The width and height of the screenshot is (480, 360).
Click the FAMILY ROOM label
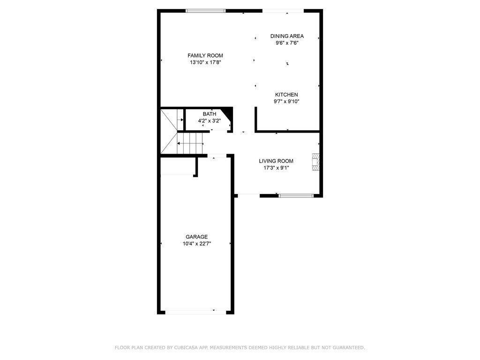pos(205,55)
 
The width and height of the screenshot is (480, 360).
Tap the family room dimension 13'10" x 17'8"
pos(205,62)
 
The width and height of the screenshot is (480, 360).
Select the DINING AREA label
pos(287,36)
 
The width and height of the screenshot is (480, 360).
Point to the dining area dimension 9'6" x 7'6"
pos(287,43)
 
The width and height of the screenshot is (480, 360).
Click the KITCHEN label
pos(286,95)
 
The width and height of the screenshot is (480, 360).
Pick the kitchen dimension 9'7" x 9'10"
pos(286,101)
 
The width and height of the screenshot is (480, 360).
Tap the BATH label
pos(210,114)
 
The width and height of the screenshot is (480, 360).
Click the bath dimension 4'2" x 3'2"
pos(210,120)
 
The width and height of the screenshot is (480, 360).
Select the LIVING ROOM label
pos(276,161)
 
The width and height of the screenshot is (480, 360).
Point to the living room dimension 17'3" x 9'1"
pos(276,168)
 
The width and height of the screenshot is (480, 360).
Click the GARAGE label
pos(196,237)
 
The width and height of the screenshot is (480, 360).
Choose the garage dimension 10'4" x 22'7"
pos(196,244)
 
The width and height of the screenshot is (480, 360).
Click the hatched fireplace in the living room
pos(315,162)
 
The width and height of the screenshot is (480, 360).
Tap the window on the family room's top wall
pos(205,11)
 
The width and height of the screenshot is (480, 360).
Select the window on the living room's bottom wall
pos(296,195)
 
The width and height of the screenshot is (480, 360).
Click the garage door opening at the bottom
pos(196,312)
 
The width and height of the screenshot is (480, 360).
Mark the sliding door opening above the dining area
pos(283,11)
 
